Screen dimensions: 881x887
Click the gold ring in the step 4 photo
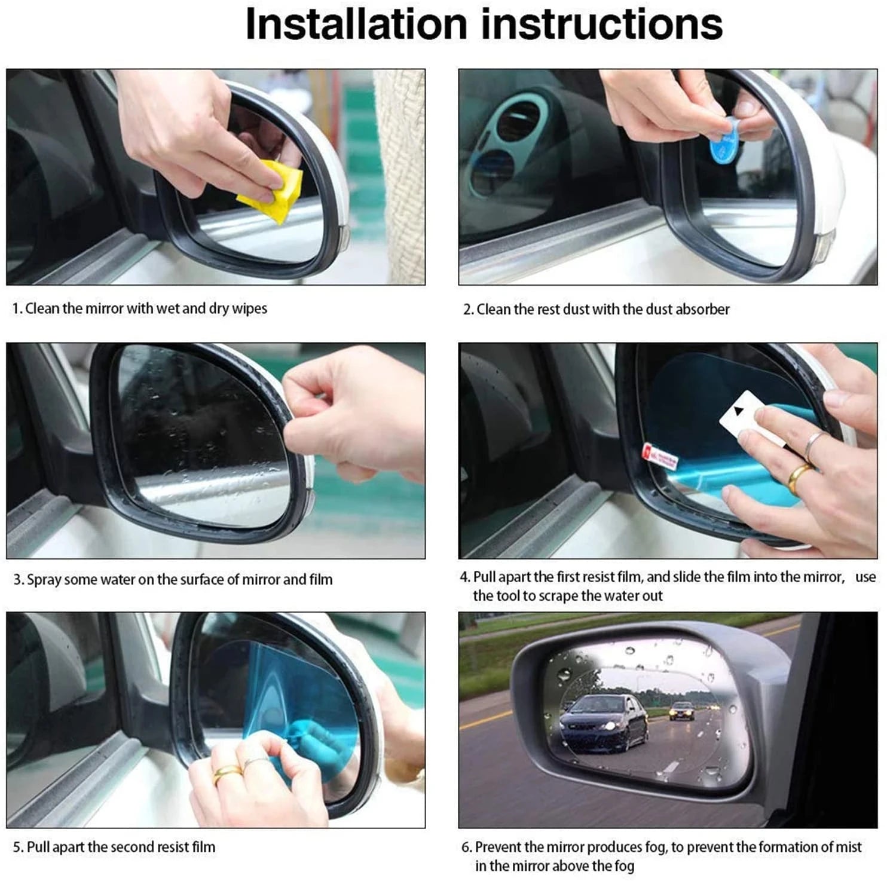[799, 475]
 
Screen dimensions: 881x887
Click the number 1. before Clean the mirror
[17, 309]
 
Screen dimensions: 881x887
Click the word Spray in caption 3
[44, 580]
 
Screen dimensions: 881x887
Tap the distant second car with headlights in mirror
[682, 711]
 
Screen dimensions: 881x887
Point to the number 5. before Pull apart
[18, 848]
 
